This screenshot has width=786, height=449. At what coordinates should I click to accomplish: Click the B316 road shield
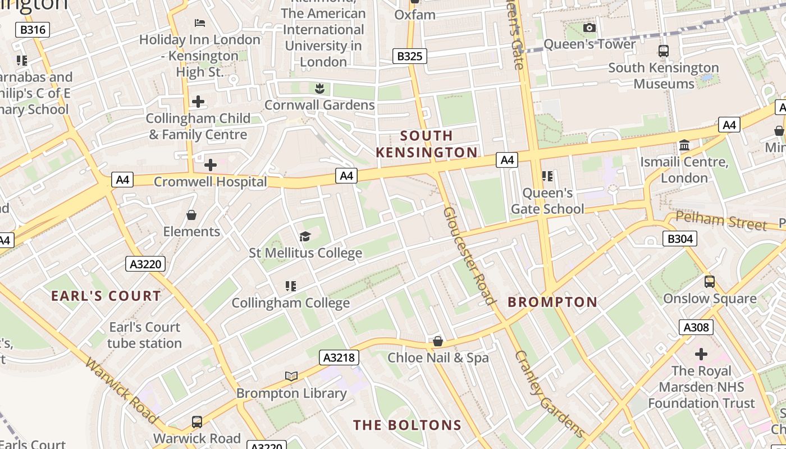point(33,30)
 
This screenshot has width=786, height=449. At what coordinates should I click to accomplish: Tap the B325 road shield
point(410,56)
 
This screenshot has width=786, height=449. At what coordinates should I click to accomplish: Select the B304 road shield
point(679,239)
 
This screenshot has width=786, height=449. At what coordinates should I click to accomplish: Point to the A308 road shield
point(696,327)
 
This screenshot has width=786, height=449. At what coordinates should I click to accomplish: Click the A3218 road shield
point(339,358)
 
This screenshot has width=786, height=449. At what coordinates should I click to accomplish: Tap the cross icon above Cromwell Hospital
point(211,165)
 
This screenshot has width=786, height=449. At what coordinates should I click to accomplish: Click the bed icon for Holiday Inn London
point(200,23)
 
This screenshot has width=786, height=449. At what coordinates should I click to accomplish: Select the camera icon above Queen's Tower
point(589,28)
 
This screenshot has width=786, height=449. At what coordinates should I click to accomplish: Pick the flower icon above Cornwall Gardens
point(319,88)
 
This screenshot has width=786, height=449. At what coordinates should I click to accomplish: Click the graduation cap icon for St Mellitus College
point(305,236)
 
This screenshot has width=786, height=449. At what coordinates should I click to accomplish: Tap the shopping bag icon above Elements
point(191,215)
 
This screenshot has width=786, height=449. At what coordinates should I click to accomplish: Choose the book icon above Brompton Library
point(291,376)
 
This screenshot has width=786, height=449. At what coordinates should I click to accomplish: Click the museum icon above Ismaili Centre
point(684,146)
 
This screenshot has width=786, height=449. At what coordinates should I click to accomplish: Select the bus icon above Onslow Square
point(710,282)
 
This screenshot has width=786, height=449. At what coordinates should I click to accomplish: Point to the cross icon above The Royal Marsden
point(701,354)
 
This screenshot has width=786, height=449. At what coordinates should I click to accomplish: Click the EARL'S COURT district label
point(106,296)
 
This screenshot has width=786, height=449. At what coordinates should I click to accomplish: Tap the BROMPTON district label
point(552,302)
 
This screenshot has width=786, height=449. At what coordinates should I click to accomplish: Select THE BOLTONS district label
point(407,425)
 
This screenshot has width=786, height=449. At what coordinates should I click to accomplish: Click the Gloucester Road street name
point(469,255)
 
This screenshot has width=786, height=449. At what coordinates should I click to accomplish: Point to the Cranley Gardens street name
point(550,394)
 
